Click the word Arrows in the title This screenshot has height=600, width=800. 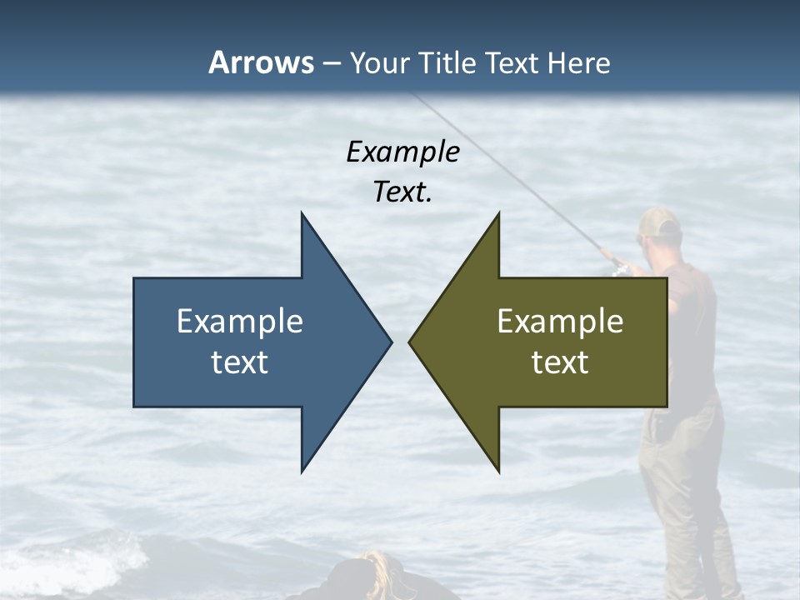(x=261, y=62)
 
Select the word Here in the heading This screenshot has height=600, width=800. (x=578, y=62)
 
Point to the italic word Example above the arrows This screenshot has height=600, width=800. (x=402, y=152)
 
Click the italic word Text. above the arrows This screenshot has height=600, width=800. (x=402, y=192)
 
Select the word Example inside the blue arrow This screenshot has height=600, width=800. (x=240, y=321)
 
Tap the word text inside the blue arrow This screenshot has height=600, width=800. (x=240, y=362)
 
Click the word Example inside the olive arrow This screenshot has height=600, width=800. (x=560, y=321)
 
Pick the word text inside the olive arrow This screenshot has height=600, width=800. (x=560, y=362)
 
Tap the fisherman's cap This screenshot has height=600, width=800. (x=660, y=222)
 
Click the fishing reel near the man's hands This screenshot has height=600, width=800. (x=617, y=267)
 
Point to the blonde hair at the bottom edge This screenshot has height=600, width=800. (x=377, y=567)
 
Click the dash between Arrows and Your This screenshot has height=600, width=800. (x=331, y=63)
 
